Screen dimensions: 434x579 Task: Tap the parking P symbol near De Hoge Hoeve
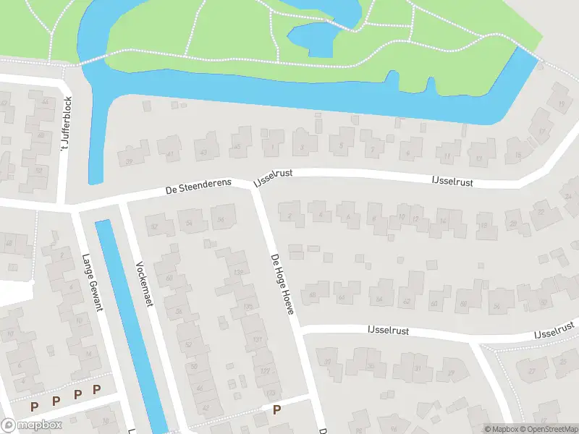click(276, 410)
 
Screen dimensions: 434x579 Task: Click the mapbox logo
click(30, 426)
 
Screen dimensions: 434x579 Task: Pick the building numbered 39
click(130, 161)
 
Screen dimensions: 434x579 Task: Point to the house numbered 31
click(418, 369)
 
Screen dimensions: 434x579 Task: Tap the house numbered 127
click(266, 371)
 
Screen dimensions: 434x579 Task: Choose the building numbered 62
click(407, 301)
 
